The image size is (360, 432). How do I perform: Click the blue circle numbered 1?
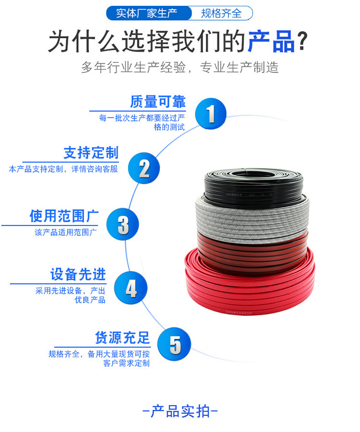pyautogui.click(x=211, y=113)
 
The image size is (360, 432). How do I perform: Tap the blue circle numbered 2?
pyautogui.click(x=144, y=168)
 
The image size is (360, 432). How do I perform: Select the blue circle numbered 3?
pyautogui.click(x=122, y=224)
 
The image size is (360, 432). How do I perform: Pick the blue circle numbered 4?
pyautogui.click(x=131, y=288)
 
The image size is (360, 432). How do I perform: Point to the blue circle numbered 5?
pyautogui.click(x=174, y=344)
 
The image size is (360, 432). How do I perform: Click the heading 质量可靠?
pyautogui.click(x=158, y=102)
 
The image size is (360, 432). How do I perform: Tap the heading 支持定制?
pyautogui.click(x=91, y=153)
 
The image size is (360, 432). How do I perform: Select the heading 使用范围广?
pyautogui.click(x=64, y=216)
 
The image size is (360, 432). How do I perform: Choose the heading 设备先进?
pyautogui.click(x=78, y=275)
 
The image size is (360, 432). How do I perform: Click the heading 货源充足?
pyautogui.click(x=122, y=337)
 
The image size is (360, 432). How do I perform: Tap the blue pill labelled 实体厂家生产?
pyautogui.click(x=148, y=13)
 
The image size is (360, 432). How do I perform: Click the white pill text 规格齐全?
pyautogui.click(x=221, y=13)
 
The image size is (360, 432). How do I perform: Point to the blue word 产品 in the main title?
pyautogui.click(x=271, y=41)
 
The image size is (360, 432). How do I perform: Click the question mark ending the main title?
pyautogui.click(x=302, y=41)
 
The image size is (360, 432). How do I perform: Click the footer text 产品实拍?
pyautogui.click(x=180, y=411)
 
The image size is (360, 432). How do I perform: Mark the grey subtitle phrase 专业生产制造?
pyautogui.click(x=239, y=68)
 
